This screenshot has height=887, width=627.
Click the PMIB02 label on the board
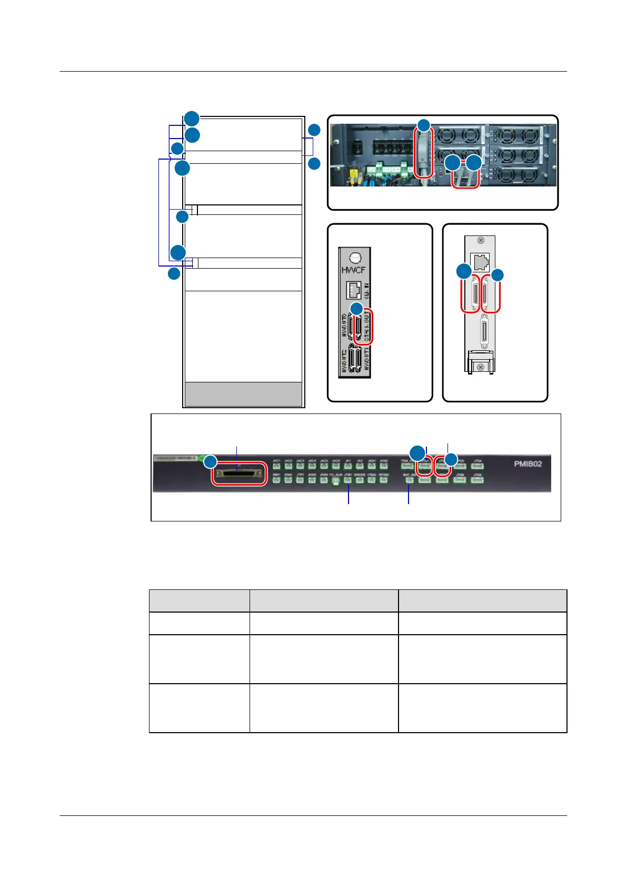tap(528, 464)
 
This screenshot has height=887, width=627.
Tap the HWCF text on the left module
tap(354, 271)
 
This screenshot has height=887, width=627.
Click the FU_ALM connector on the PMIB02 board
tap(336, 480)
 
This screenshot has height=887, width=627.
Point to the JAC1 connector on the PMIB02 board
tap(277, 466)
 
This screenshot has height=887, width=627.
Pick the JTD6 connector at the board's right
tap(477, 480)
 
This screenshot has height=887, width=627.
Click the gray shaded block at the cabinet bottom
tap(243, 394)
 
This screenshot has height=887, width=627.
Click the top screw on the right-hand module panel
tap(480, 241)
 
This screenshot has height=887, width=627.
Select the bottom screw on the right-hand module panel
tap(480, 366)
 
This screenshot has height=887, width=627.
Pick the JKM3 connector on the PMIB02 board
tap(312, 480)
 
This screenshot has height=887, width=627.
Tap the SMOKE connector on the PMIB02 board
tap(360, 480)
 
